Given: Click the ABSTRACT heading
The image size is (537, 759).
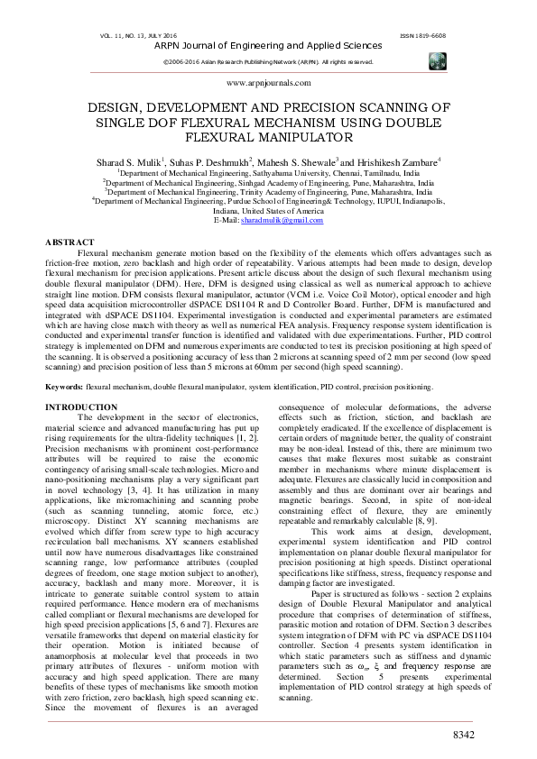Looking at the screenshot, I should (69, 243).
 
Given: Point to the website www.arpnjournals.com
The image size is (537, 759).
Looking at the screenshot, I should (268, 82).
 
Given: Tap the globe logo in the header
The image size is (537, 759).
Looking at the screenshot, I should (437, 59).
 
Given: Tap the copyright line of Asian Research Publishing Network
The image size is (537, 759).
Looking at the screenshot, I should (267, 61).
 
